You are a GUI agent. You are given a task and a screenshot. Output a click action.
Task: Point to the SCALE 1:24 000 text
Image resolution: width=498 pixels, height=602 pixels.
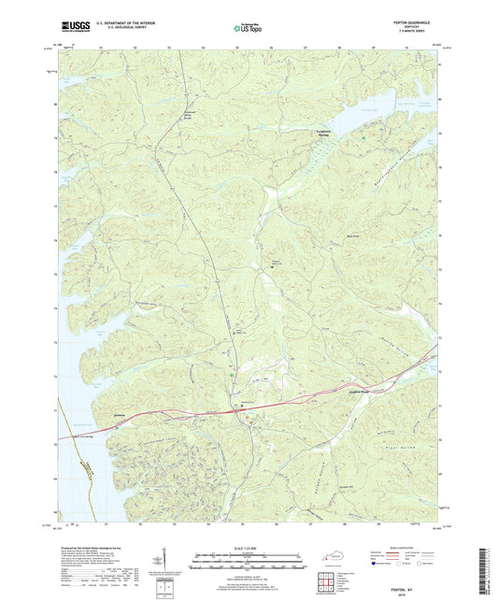click(x=249, y=549)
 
